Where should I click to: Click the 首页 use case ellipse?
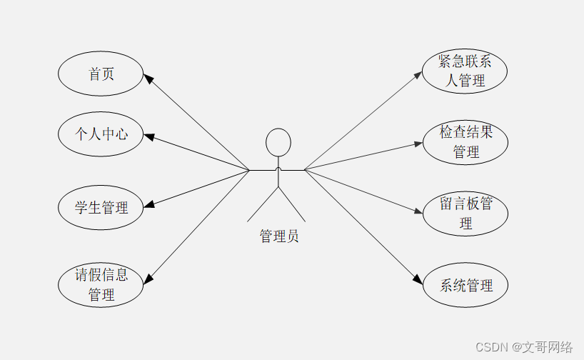coord(101,74)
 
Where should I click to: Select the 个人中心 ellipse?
coord(101,134)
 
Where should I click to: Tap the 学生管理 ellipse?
coord(101,207)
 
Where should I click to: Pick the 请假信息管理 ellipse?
coord(101,284)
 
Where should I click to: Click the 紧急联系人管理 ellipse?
coord(465,71)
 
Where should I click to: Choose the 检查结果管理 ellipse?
coord(465,141)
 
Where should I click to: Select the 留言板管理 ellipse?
coord(465,213)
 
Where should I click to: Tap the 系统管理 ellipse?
coord(465,286)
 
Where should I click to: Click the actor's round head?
coord(278,142)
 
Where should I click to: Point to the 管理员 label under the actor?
coord(278,236)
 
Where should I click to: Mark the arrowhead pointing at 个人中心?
coord(148,136)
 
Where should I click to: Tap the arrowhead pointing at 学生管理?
coord(148,205)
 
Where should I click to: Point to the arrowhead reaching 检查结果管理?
coord(418,144)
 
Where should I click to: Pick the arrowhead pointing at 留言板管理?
coord(418,211)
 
